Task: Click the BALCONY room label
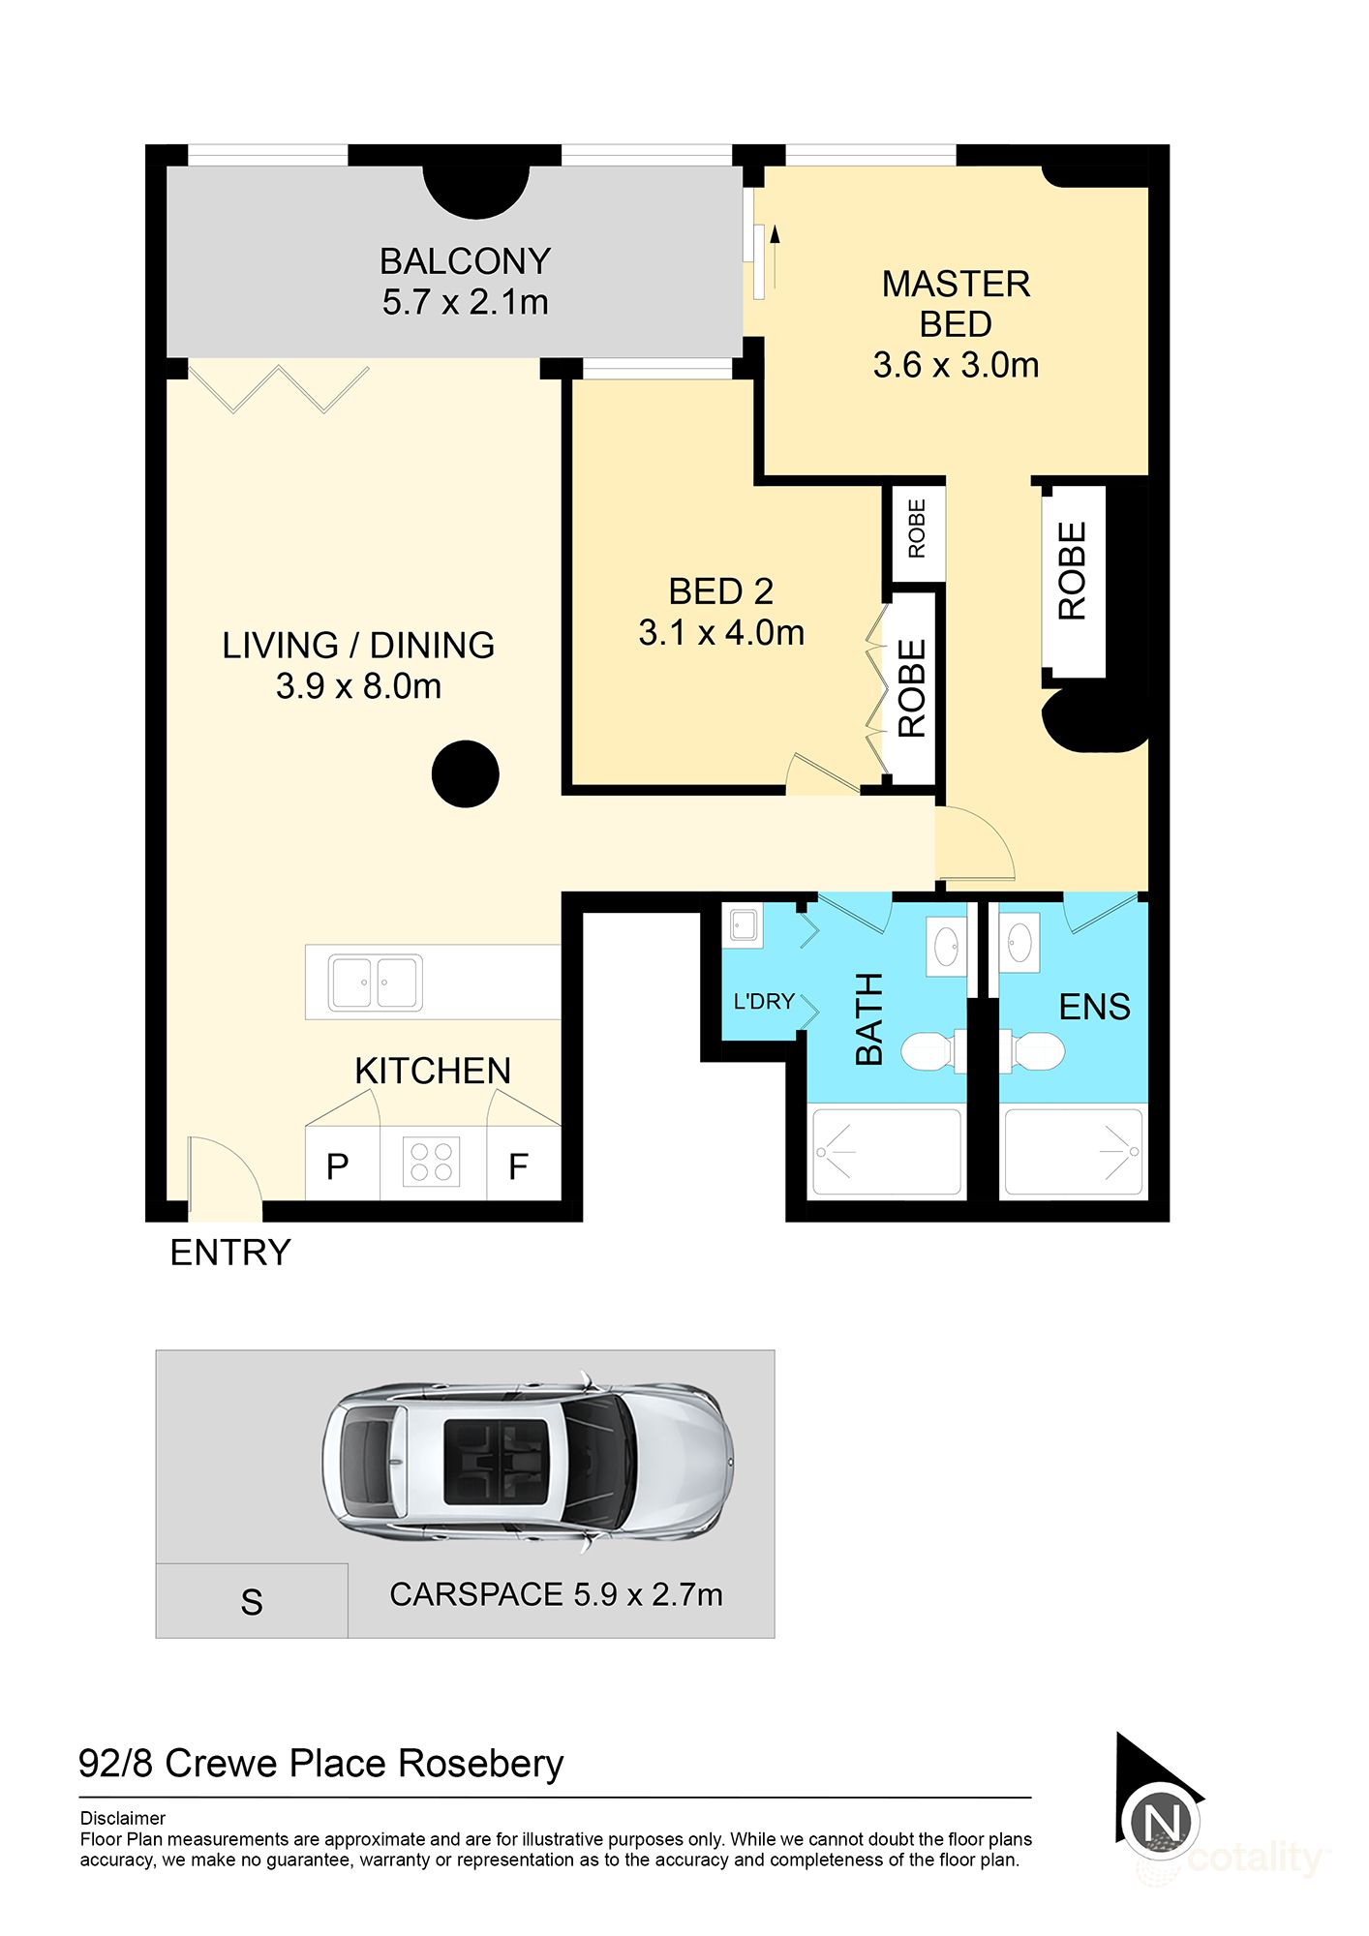coord(465,261)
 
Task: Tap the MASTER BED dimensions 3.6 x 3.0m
coord(956,366)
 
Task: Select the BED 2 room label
coord(721,591)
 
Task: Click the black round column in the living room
coord(465,773)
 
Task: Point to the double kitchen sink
coord(375,982)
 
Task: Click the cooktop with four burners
coord(432,1161)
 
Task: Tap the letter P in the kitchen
coord(337,1167)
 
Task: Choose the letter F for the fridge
coord(518,1167)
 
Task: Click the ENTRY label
coord(230,1253)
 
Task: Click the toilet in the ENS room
coord(1032,1051)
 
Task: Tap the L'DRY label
coord(764,1001)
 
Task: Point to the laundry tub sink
coord(743,926)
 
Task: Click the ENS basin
coord(1019,942)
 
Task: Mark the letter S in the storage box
coord(252,1603)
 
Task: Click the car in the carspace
coord(528,1462)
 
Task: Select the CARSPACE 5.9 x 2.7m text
coord(556,1595)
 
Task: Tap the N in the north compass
coord(1161,1823)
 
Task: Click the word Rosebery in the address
coord(481,1765)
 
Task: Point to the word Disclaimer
coord(123,1818)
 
